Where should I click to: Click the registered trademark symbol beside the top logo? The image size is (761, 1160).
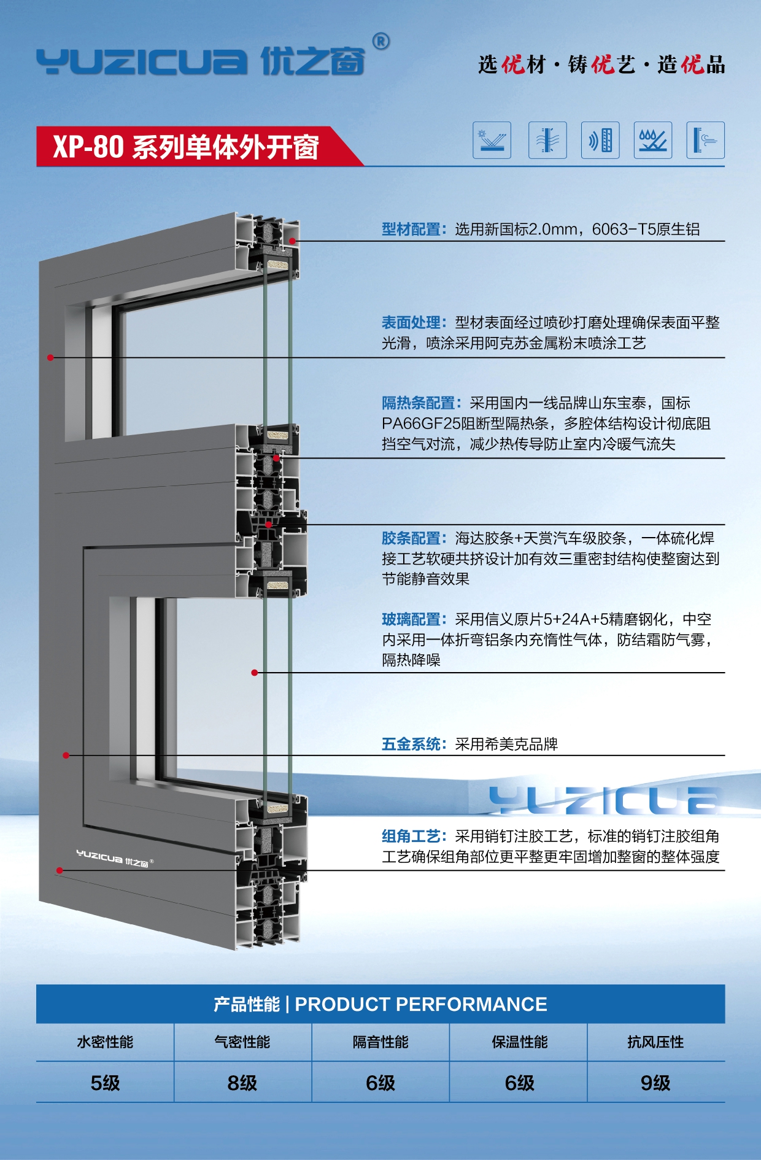381,42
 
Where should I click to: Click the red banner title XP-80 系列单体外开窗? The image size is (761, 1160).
186,147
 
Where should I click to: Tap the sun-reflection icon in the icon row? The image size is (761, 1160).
492,140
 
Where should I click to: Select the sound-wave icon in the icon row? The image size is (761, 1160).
600,140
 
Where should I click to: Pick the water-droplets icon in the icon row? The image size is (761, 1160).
652,140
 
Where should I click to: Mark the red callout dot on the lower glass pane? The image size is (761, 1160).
255,673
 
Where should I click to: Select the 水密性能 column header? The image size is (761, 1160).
105,1042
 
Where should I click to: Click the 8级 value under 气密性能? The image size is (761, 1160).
242,1083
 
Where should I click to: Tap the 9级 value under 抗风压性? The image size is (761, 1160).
655,1083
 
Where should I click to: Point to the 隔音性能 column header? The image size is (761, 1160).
381,1042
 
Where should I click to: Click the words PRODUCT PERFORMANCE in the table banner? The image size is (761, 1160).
421,1005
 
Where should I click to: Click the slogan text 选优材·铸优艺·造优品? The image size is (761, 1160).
601,64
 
